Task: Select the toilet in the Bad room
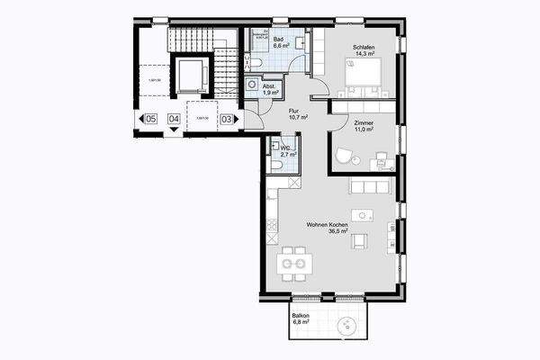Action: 256,61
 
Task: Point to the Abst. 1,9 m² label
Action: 270,89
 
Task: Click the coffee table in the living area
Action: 364,216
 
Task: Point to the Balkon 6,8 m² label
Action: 301,319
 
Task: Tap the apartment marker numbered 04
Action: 174,118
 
